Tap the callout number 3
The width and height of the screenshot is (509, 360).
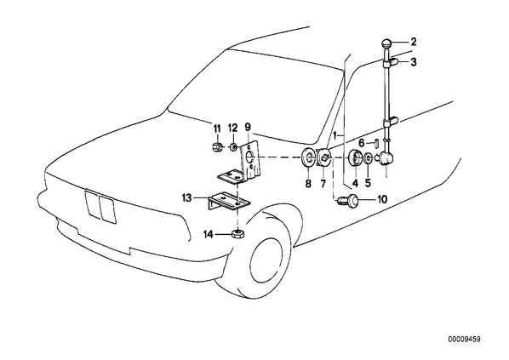click(x=413, y=61)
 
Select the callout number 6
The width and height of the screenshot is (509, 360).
click(x=362, y=142)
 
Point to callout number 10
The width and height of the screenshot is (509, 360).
click(x=382, y=199)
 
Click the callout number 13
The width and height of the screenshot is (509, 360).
click(x=187, y=197)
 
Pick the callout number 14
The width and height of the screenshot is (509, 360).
click(x=209, y=234)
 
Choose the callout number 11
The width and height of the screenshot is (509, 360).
click(x=216, y=128)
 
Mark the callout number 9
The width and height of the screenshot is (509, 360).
click(x=248, y=126)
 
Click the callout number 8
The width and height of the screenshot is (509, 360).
click(x=308, y=184)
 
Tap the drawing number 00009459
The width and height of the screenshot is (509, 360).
click(x=464, y=340)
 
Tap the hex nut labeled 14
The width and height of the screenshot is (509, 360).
click(x=238, y=233)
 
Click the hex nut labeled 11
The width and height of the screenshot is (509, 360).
click(x=216, y=148)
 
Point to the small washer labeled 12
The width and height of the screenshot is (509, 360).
click(x=232, y=147)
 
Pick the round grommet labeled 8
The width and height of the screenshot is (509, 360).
click(x=308, y=157)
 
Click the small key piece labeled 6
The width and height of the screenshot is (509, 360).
click(x=374, y=143)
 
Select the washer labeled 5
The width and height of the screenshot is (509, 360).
click(x=368, y=157)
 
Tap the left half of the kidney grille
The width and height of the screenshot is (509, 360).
click(x=92, y=204)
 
